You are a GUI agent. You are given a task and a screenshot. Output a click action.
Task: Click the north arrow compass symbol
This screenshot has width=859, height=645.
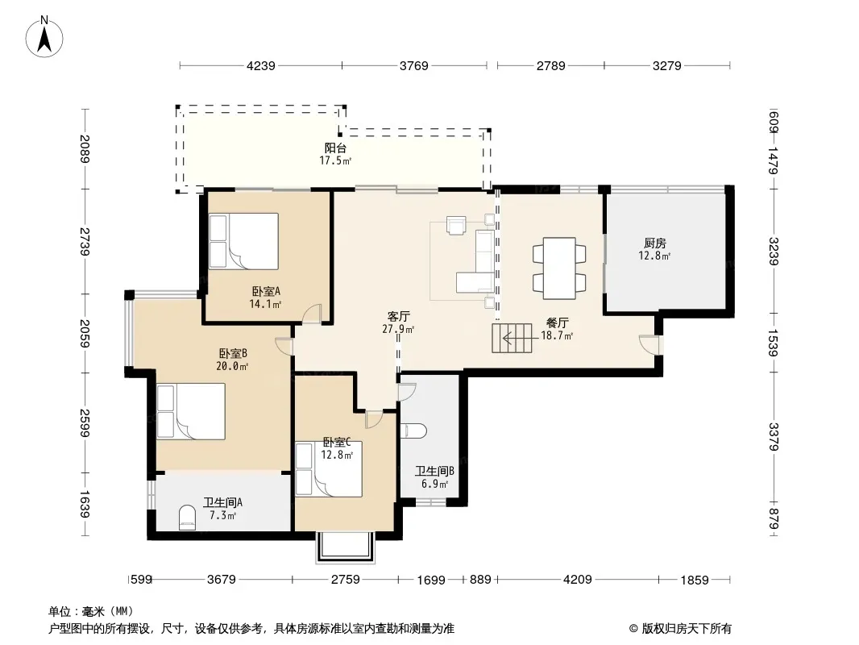[44, 36]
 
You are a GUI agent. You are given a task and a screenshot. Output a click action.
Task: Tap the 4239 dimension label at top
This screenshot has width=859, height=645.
[261, 66]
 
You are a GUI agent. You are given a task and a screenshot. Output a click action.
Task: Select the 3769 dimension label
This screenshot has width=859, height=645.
[413, 66]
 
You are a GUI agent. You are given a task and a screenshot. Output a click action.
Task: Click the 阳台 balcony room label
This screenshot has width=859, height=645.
[335, 148]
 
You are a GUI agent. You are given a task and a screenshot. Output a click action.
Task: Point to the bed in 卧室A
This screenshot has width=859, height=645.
[244, 241]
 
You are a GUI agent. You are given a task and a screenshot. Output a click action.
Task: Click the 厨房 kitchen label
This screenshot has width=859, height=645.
[654, 243]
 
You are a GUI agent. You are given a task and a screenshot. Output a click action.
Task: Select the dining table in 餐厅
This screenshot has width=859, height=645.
[559, 268]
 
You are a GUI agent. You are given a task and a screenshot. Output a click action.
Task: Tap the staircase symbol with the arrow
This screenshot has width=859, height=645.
[512, 338]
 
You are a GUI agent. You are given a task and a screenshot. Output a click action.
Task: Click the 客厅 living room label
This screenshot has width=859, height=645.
[398, 316]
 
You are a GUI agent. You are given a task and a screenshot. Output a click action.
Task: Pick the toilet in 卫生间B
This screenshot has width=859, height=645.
[413, 431]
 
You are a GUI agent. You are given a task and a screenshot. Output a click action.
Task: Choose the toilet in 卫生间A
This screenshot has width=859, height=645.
[188, 518]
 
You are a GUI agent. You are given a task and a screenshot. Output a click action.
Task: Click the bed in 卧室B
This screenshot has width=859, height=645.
[191, 411]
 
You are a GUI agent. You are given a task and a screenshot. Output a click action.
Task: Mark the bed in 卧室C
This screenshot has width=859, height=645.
[329, 469]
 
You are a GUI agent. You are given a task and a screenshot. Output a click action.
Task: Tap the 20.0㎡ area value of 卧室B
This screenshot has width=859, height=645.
[232, 366]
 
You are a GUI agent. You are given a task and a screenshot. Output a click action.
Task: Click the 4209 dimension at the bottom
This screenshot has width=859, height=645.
[578, 579]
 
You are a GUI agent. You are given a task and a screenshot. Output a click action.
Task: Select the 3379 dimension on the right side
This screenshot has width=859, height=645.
[774, 437]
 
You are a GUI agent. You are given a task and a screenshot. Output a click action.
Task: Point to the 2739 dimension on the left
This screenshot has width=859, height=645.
[84, 241]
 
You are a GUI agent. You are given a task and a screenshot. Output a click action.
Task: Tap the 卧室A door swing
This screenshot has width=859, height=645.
[313, 314]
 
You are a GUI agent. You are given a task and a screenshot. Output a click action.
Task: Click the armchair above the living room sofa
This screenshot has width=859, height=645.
[456, 225]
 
